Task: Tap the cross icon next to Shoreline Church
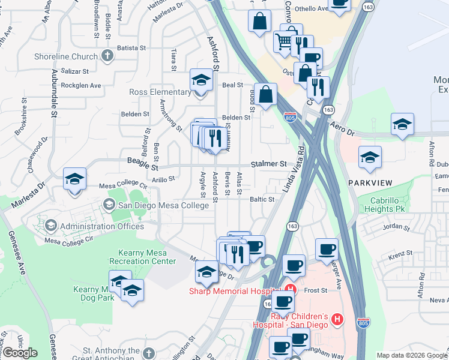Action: coord(107,56)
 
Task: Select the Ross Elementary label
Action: coord(160,92)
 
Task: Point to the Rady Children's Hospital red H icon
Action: coord(337,320)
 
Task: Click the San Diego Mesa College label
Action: coord(163,205)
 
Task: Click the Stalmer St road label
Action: coord(268,163)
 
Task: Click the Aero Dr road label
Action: coord(343,127)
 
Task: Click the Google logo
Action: coord(20,353)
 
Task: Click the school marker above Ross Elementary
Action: coord(201,80)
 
